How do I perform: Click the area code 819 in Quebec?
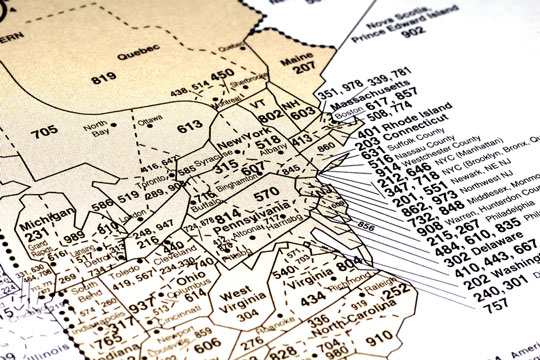[103, 78]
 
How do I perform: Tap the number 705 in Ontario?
[44, 132]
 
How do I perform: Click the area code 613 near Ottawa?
[190, 127]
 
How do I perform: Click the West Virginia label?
[237, 297]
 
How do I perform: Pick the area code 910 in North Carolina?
[356, 340]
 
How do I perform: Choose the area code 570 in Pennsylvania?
[266, 193]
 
